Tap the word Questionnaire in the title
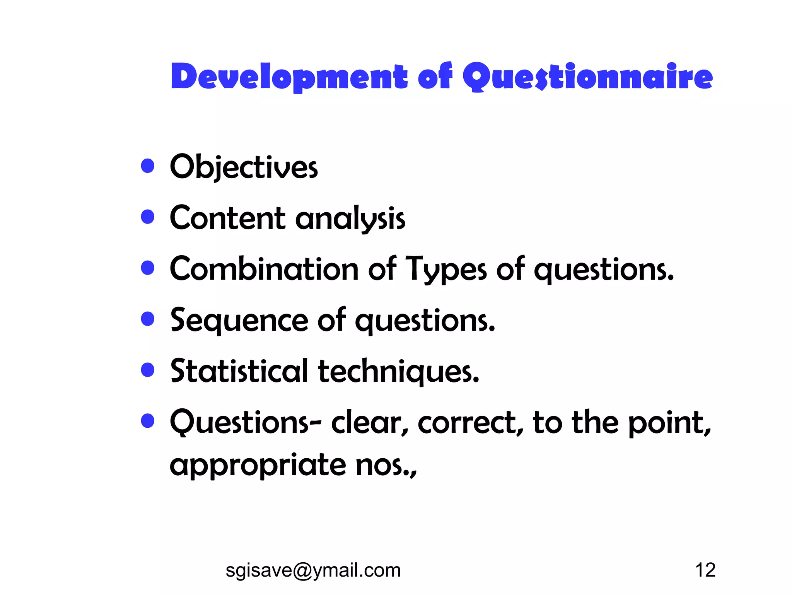587,77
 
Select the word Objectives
244,167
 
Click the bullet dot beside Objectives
148,166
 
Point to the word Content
228,218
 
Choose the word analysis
350,219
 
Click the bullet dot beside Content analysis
148,217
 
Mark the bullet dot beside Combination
148,268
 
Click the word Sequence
239,321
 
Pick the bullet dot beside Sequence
148,319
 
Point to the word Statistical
239,371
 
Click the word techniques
398,372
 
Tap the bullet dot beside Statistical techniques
148,370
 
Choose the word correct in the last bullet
470,423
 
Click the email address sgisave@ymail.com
313,570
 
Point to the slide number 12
705,570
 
